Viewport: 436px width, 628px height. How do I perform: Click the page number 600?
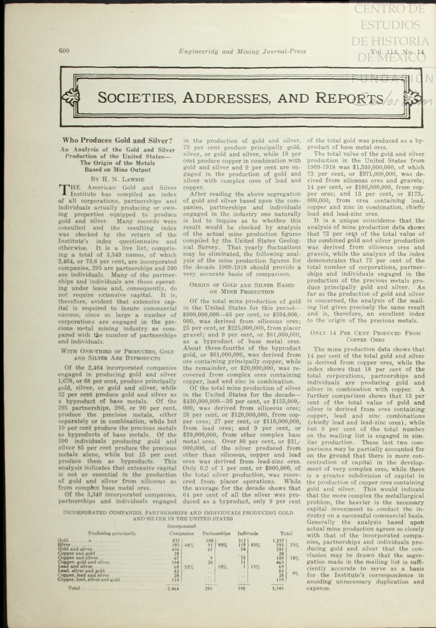pos(64,51)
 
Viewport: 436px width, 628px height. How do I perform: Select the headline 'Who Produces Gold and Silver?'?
pos(117,140)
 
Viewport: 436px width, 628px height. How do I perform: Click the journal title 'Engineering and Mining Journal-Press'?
pos(243,52)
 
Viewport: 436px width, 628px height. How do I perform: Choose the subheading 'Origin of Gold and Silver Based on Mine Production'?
pos(242,288)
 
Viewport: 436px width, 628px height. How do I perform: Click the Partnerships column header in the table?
pos(216,533)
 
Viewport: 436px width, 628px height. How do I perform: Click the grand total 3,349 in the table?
pos(278,588)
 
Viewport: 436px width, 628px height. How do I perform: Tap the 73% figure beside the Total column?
pos(294,545)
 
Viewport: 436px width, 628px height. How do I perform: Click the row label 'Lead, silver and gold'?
pos(81,571)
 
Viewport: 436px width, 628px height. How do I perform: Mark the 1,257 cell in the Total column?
pos(278,540)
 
